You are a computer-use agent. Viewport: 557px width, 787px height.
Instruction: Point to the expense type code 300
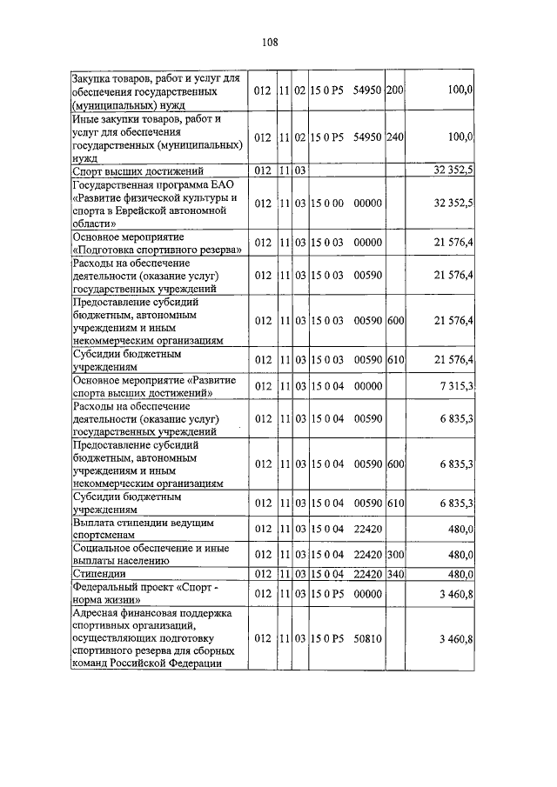tap(394, 554)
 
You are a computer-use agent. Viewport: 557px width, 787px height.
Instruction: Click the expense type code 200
tap(394, 90)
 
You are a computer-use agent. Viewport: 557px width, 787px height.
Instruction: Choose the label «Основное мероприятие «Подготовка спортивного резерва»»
tap(158, 243)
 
